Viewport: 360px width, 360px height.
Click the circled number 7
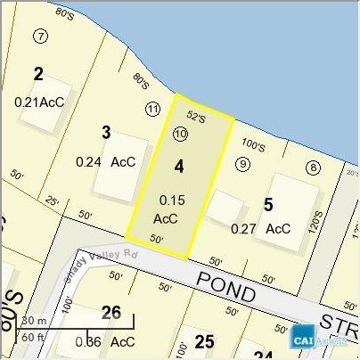click(x=40, y=37)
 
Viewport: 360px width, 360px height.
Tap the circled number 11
click(x=152, y=108)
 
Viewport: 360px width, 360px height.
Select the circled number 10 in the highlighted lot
click(x=181, y=135)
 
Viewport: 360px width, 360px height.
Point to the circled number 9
click(x=242, y=163)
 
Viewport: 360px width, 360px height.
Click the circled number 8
click(x=313, y=168)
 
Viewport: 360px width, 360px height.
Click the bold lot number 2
click(x=38, y=73)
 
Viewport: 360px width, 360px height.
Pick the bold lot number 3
click(x=106, y=133)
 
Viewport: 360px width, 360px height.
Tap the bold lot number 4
click(x=179, y=166)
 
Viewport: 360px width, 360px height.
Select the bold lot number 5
click(x=268, y=205)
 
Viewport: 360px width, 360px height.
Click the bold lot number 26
click(x=111, y=313)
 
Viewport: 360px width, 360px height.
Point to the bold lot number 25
click(x=204, y=341)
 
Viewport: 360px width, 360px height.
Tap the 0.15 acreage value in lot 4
click(x=171, y=200)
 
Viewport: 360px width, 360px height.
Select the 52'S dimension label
click(x=196, y=117)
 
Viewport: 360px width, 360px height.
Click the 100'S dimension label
click(x=253, y=145)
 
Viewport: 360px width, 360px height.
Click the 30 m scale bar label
click(x=34, y=320)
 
